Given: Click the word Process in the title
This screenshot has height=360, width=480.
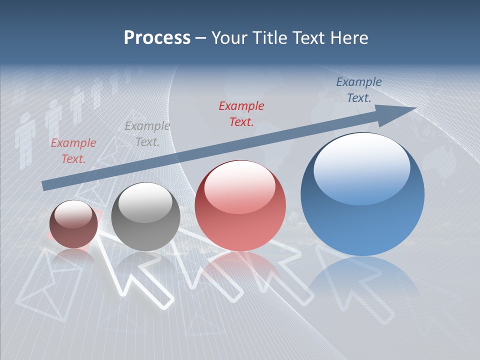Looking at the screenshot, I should click(x=157, y=38).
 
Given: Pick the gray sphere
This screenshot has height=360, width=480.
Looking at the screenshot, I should click(x=145, y=217).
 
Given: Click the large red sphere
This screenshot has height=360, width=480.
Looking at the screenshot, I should click(x=240, y=205).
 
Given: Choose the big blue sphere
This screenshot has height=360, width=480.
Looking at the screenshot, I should click(x=362, y=194).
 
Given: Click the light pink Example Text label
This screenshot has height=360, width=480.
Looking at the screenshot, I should click(x=73, y=150).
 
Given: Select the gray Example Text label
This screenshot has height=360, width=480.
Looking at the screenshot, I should click(x=147, y=133).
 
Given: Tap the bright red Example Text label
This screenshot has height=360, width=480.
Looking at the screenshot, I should click(x=241, y=113).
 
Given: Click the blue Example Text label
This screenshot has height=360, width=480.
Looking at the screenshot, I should click(x=358, y=89).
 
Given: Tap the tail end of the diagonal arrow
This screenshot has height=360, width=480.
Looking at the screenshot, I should click(x=46, y=185).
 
